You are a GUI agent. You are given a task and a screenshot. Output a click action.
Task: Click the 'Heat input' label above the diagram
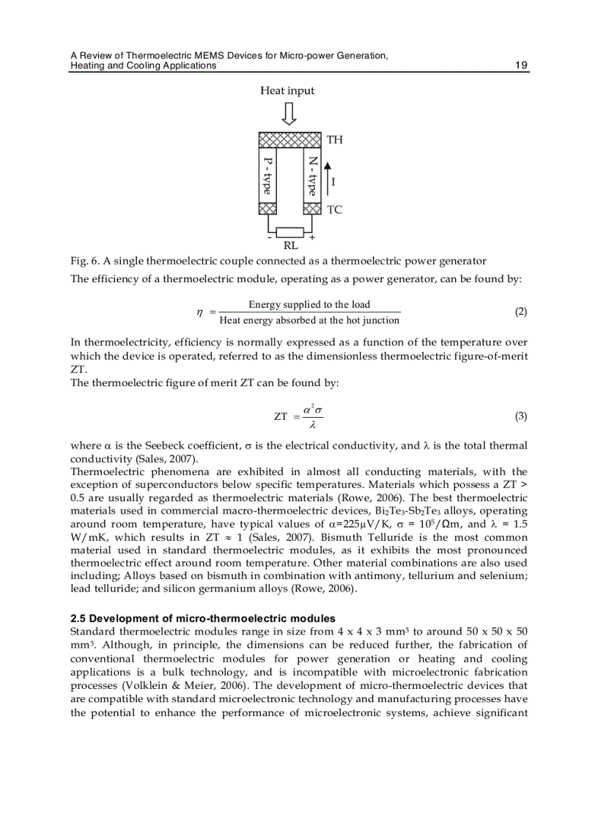(287, 91)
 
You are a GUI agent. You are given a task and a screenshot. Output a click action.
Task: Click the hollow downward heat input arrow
(289, 114)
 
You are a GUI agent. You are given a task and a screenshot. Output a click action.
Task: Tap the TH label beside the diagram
(334, 140)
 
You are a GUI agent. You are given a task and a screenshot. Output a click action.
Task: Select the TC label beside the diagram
(334, 210)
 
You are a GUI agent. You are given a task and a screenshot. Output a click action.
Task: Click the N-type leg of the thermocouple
(312, 176)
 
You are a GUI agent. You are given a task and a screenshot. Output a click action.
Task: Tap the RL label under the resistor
(290, 246)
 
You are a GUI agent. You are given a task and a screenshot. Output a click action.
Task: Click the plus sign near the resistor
(312, 237)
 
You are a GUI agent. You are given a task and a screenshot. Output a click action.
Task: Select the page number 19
(521, 65)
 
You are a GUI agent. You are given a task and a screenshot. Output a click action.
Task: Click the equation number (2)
(520, 311)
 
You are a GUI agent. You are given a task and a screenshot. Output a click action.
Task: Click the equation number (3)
(520, 416)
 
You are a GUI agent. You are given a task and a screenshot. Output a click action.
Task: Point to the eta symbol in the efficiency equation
(199, 313)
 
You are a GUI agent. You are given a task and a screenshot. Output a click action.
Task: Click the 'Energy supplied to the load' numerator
(309, 305)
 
